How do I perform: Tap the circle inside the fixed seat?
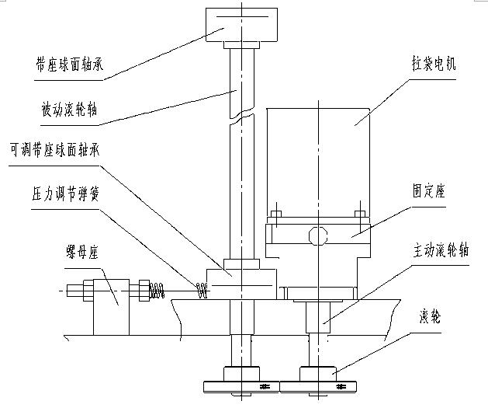pyautogui.click(x=317, y=234)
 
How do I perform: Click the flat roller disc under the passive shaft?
pyautogui.click(x=240, y=386)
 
